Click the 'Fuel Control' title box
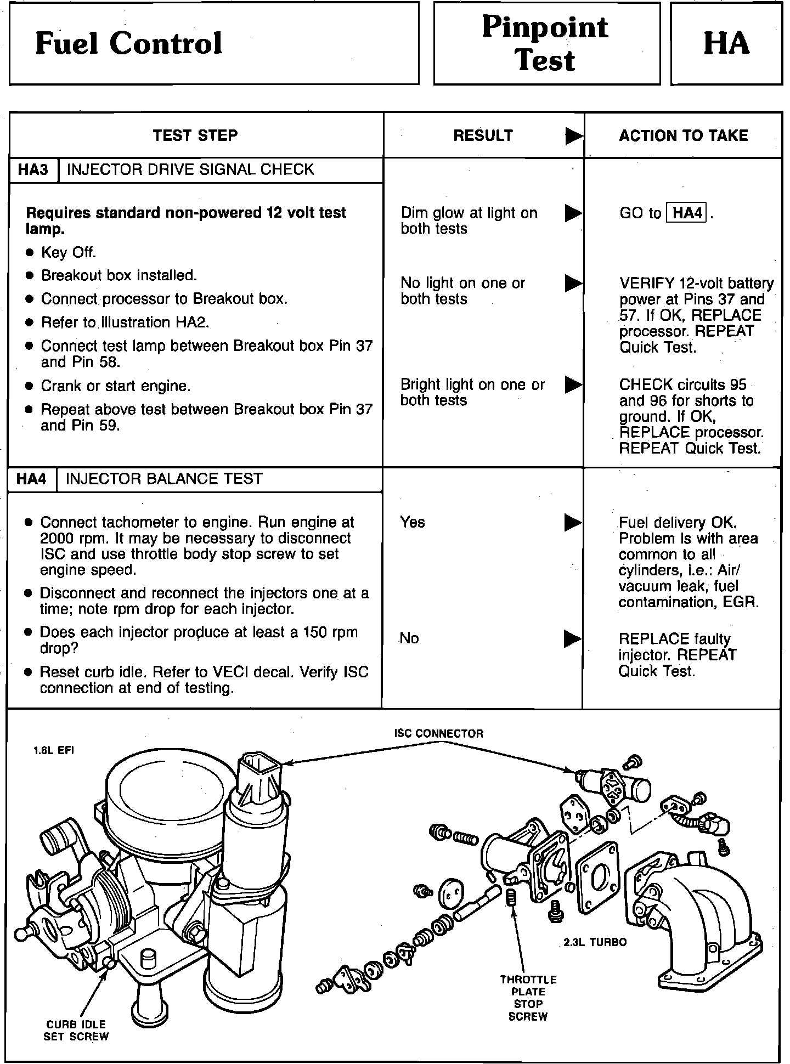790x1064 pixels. click(214, 44)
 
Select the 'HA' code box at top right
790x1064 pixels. click(726, 44)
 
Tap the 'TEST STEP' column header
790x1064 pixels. click(195, 135)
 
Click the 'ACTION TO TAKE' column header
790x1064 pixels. click(684, 135)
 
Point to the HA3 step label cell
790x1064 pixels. click(33, 169)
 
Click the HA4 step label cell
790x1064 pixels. click(32, 479)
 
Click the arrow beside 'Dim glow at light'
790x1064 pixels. click(573, 213)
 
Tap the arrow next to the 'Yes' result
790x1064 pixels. click(573, 523)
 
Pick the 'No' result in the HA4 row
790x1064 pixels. click(409, 638)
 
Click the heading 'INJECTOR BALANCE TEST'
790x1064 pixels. click(164, 479)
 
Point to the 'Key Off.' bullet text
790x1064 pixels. click(69, 252)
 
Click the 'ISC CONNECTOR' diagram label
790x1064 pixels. click(439, 734)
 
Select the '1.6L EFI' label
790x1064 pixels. click(54, 750)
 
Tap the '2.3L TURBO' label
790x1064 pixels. click(595, 942)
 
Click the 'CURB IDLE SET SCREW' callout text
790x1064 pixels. click(76, 1030)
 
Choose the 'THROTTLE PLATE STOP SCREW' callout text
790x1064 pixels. click(528, 998)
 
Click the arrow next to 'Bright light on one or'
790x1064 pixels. click(573, 385)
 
